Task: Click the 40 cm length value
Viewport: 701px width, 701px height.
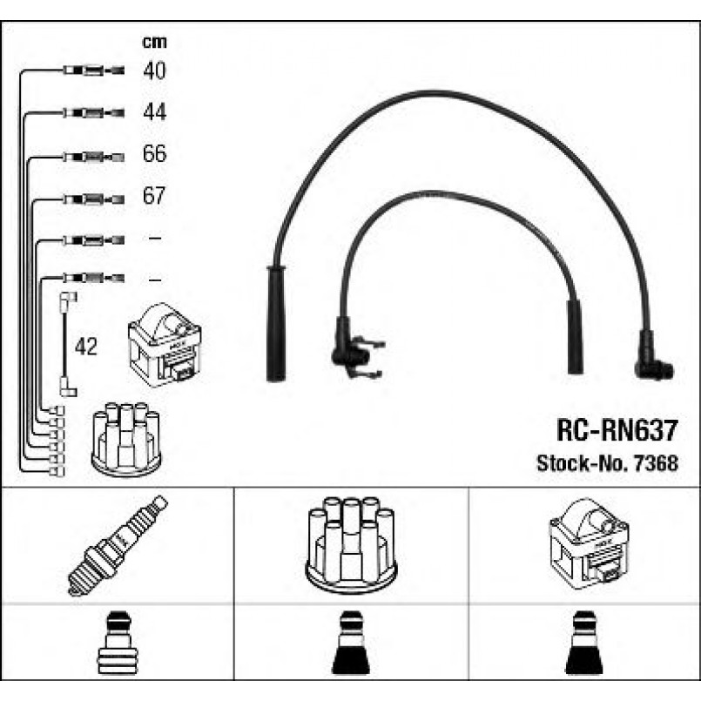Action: pyautogui.click(x=154, y=71)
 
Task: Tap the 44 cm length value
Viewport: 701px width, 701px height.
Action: pyautogui.click(x=154, y=112)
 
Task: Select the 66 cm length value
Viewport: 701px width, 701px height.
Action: pyautogui.click(x=154, y=155)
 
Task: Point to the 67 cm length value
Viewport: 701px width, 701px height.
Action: pyautogui.click(x=154, y=197)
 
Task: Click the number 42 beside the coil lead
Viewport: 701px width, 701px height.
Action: pyautogui.click(x=86, y=347)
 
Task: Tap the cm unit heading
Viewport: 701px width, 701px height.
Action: pyautogui.click(x=154, y=41)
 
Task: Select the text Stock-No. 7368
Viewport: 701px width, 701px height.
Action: pyautogui.click(x=606, y=464)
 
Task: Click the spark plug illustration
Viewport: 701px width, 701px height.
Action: pyautogui.click(x=117, y=545)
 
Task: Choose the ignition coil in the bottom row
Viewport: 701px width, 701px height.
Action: pyautogui.click(x=589, y=543)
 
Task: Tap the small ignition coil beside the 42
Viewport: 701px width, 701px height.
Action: pyautogui.click(x=165, y=344)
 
